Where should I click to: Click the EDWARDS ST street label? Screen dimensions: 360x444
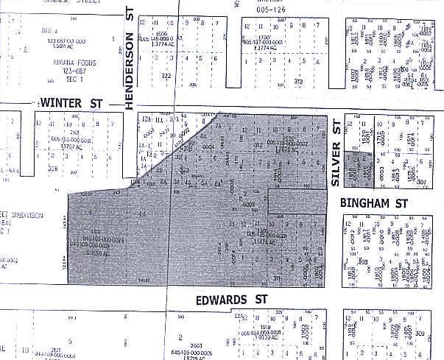point(230,300)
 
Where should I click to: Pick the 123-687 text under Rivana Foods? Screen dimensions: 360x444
point(67,71)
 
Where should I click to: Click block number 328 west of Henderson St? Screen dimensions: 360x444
point(32,169)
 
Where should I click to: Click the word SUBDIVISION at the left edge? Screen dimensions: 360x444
point(25,216)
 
